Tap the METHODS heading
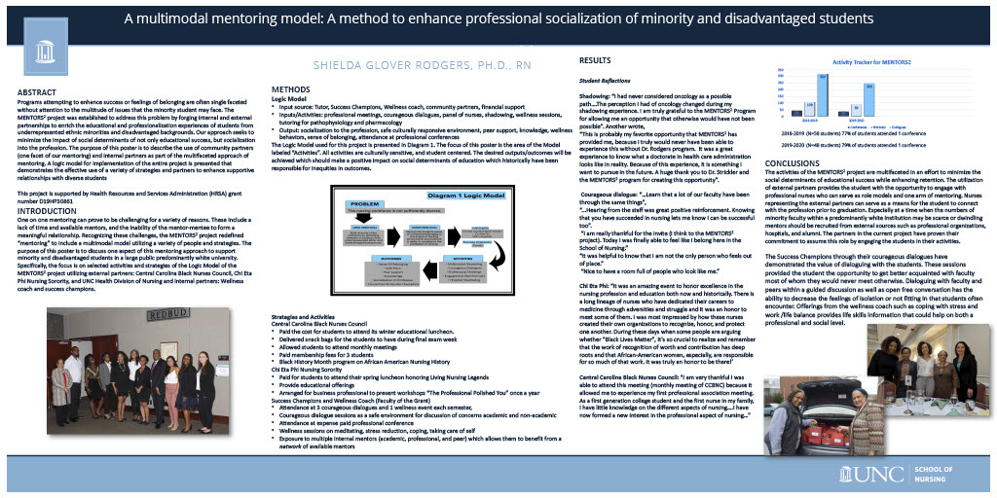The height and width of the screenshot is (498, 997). (291, 89)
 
